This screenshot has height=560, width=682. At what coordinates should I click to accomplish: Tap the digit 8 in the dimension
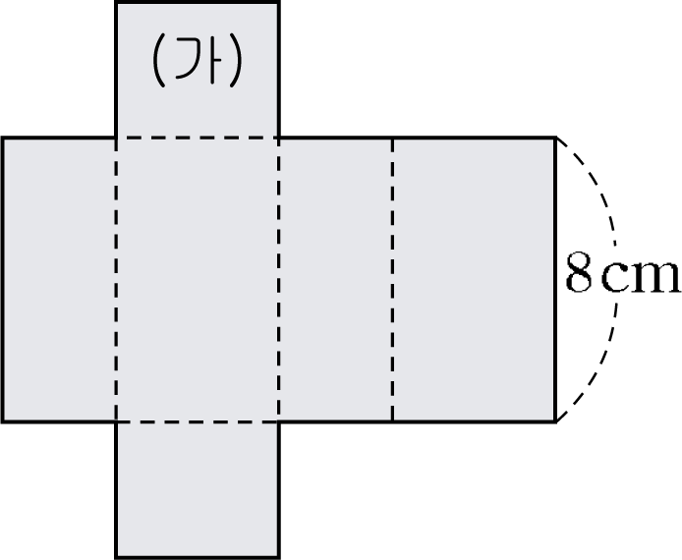tap(579, 272)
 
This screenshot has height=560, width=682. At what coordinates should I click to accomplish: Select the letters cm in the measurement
tap(641, 277)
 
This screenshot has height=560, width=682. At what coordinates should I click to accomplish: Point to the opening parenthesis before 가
tap(158, 60)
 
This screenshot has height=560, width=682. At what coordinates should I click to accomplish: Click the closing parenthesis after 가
tap(235, 60)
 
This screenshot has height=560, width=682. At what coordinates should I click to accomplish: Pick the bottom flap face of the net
tap(198, 489)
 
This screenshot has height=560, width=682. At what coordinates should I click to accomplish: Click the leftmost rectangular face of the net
tap(59, 280)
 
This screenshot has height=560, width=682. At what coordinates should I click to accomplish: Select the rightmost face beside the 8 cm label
tap(474, 280)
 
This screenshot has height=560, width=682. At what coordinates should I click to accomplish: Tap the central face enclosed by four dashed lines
tap(198, 280)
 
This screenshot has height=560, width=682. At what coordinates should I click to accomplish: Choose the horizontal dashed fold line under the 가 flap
tap(198, 138)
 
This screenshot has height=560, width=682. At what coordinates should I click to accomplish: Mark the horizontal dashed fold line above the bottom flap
tap(198, 421)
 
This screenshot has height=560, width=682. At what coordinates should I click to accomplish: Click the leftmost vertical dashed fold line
tap(116, 280)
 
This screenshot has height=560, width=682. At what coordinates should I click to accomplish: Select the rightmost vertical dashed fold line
tap(392, 280)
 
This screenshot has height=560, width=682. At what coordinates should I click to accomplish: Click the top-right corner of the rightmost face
tap(556, 138)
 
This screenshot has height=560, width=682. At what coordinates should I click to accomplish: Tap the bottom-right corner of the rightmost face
tap(556, 421)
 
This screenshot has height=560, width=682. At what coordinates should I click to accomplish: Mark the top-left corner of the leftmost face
tap(3, 138)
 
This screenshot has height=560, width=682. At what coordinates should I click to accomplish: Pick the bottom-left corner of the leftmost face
tap(3, 421)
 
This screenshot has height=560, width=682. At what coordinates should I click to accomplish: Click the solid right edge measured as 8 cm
tap(555, 280)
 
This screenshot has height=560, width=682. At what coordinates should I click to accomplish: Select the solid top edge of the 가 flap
tap(198, 3)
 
